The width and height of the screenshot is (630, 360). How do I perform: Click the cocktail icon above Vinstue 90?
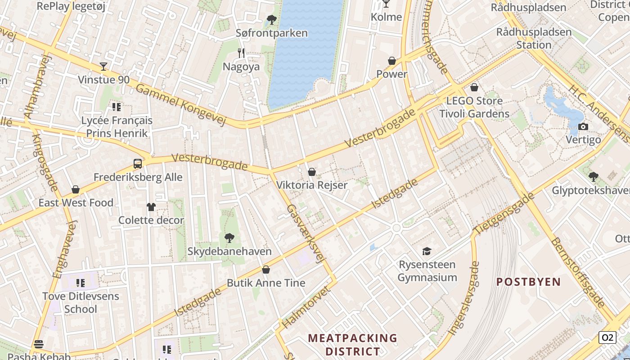coord(103,67)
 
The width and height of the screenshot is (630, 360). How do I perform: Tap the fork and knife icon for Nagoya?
coord(241,53)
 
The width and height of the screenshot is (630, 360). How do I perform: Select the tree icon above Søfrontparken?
coord(271,19)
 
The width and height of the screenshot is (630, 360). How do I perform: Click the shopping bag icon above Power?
coord(392,61)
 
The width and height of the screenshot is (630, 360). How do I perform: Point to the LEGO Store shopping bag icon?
coord(474,87)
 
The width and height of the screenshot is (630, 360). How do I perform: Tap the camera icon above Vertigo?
coord(583,126)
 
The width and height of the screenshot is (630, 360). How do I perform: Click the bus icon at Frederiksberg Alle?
coord(138,164)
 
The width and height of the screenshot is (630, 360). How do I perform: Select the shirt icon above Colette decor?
coord(151,207)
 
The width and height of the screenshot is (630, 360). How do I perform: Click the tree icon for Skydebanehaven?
coord(229,238)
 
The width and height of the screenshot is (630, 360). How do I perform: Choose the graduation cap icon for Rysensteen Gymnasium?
coord(427,251)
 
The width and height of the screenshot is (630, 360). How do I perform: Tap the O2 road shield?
coord(607,337)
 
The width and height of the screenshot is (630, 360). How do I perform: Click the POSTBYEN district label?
coord(529,282)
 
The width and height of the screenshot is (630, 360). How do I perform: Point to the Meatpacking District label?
coord(353,344)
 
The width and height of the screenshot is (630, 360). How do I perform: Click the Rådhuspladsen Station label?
coord(534,38)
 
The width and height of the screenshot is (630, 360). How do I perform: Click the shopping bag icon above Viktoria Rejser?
coord(311,172)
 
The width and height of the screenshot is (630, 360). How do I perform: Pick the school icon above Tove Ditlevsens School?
coord(81,283)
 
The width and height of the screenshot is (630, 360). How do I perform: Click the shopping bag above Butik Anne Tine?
coord(266,270)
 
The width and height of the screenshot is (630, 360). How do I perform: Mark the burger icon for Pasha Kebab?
coord(39,345)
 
